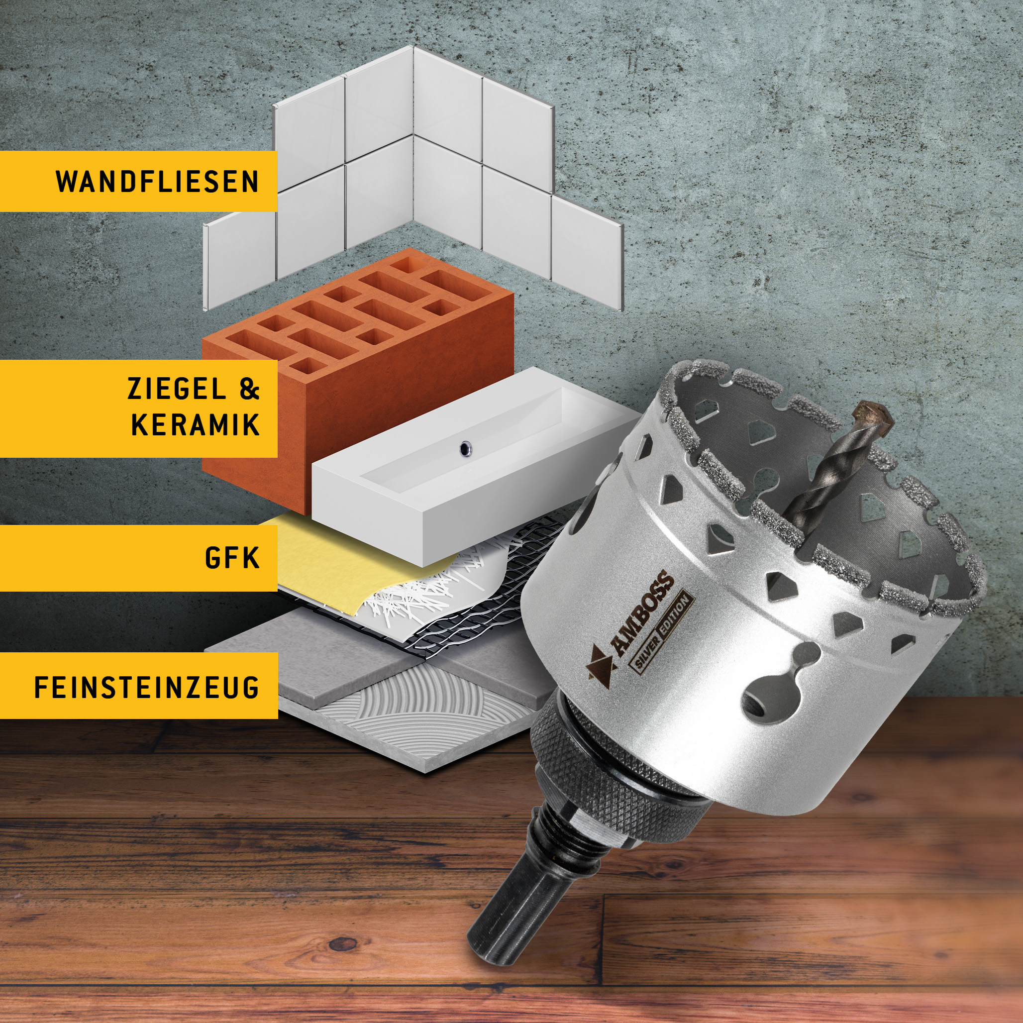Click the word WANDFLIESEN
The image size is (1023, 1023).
157,182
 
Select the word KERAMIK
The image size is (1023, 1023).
196,424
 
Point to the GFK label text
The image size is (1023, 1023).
232,558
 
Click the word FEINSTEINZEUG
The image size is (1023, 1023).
147,687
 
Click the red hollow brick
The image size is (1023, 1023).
358,381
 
